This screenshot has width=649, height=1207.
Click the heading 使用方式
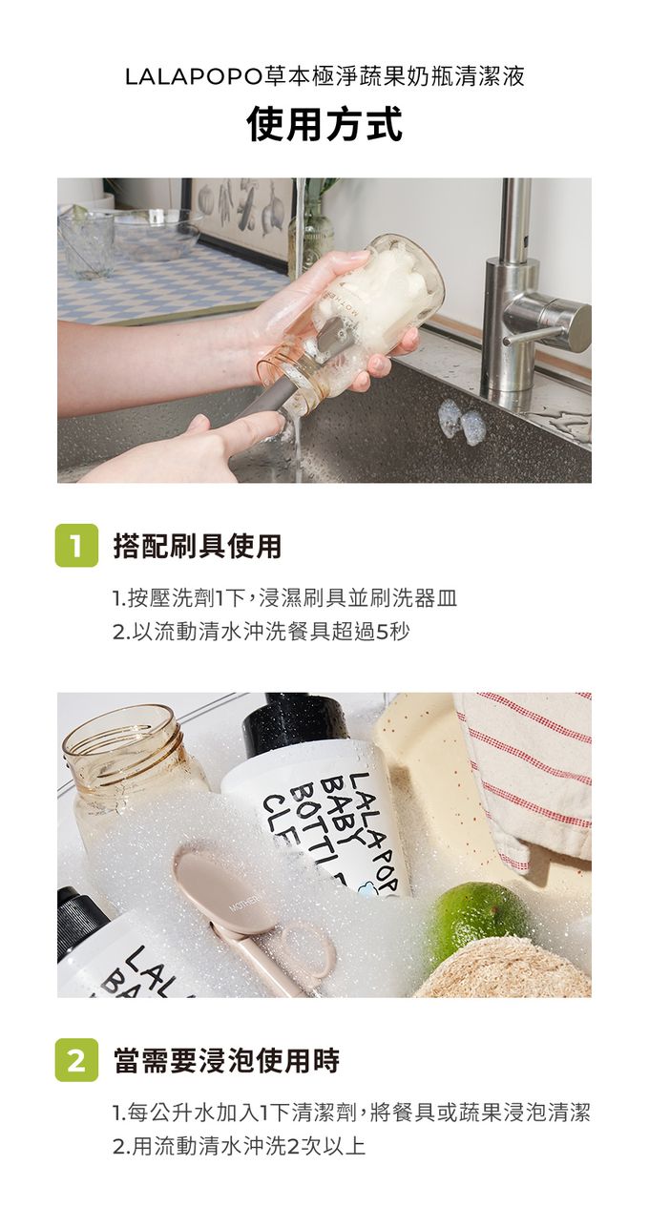click(x=324, y=124)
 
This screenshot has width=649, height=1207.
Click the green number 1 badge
click(x=76, y=546)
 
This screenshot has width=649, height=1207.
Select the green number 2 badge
click(x=76, y=1059)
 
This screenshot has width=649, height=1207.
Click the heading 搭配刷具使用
click(x=198, y=546)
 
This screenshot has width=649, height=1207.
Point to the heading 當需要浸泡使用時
click(x=226, y=1060)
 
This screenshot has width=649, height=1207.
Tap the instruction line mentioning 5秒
click(x=261, y=632)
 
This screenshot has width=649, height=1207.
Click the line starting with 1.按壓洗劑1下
click(x=285, y=598)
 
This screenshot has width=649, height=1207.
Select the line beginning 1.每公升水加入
click(x=351, y=1113)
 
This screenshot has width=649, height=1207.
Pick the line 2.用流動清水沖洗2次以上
click(x=240, y=1146)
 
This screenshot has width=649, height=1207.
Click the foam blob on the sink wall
click(x=459, y=422)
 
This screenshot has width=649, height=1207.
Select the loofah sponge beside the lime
click(x=504, y=968)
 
